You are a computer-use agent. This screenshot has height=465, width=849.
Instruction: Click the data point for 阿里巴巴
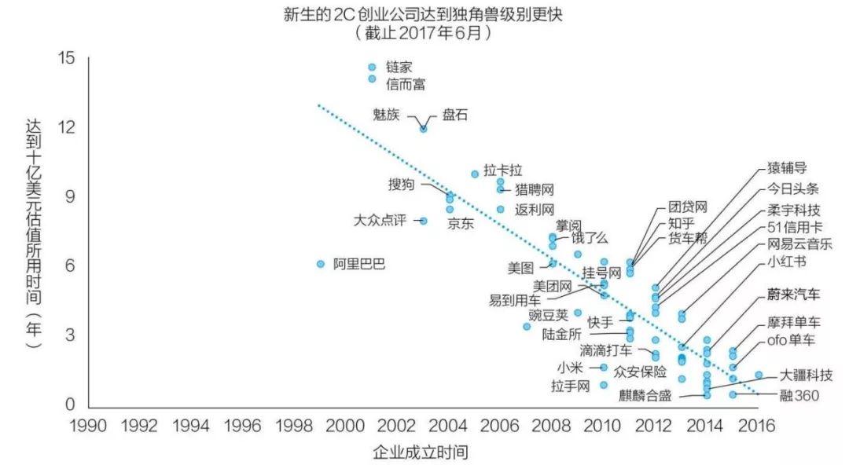click(321, 264)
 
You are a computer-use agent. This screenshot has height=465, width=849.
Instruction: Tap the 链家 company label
click(399, 67)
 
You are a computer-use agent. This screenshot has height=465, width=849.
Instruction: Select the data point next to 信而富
click(372, 79)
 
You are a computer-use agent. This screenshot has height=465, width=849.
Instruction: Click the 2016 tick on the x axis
click(757, 426)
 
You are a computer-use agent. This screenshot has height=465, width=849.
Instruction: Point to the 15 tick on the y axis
click(66, 57)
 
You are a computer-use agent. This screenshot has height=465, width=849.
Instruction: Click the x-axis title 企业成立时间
click(420, 452)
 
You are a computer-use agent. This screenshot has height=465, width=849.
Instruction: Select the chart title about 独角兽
click(423, 13)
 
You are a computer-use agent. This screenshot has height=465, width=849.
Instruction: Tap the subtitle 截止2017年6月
click(423, 33)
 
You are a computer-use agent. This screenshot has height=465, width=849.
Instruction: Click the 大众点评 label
click(380, 220)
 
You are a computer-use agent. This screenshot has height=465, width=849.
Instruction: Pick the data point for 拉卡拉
click(475, 174)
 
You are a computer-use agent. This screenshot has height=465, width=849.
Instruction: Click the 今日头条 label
click(792, 189)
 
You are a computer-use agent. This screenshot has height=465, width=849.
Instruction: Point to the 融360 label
click(799, 396)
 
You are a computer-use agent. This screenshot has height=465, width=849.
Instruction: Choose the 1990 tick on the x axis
click(88, 426)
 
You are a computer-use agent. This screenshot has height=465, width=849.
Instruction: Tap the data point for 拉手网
click(604, 385)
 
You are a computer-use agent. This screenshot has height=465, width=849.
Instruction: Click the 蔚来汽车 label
click(793, 295)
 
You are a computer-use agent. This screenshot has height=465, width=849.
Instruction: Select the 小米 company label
click(570, 368)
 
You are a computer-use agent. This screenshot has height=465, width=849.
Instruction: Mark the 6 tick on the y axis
click(70, 265)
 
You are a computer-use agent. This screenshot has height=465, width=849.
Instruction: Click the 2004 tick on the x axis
click(448, 426)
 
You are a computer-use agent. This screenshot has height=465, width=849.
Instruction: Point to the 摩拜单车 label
click(794, 323)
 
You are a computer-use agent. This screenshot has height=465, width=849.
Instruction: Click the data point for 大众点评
click(424, 221)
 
